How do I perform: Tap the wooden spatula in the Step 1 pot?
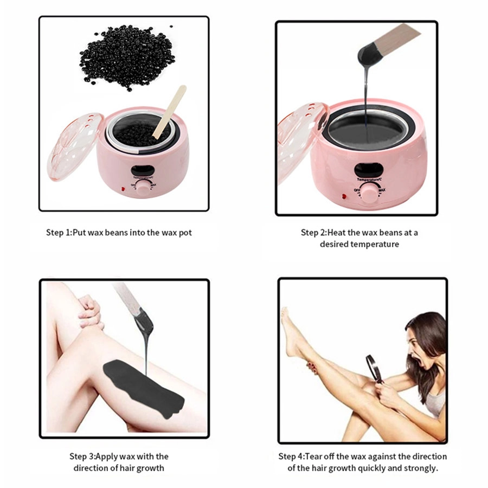pos(170,112)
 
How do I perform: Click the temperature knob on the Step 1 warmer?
pos(144,189)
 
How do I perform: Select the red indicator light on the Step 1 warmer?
pos(123,189)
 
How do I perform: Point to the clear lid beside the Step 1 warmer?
pos(75,146)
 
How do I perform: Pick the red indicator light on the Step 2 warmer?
pos(344,196)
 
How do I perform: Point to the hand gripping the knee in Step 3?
pos(90,311)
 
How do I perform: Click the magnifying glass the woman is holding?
pos(374,369)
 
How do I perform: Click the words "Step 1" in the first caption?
pos(59,233)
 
